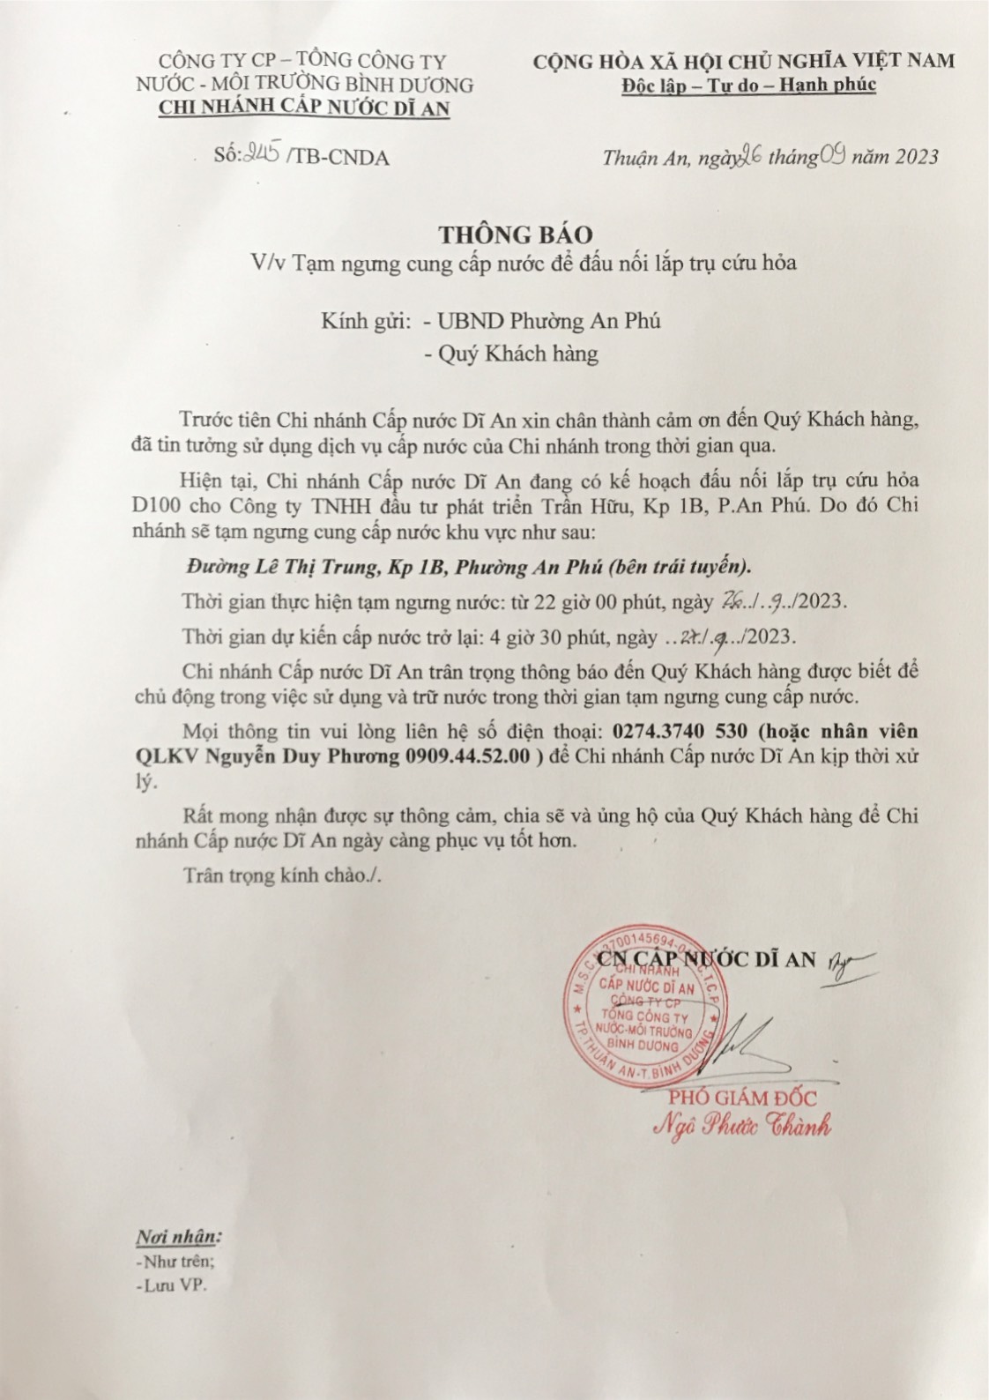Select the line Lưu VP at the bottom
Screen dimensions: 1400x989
click(174, 1285)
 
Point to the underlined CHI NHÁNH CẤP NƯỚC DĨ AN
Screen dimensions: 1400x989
click(303, 108)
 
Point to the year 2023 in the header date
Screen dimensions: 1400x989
click(917, 157)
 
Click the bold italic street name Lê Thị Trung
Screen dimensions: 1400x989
click(301, 566)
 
